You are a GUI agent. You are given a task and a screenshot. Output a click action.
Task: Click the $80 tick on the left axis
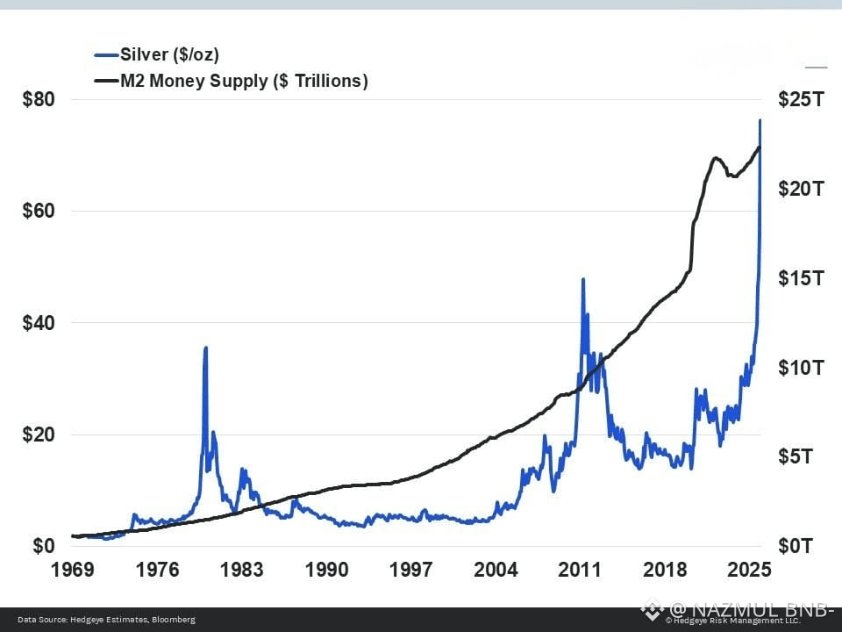coord(39,99)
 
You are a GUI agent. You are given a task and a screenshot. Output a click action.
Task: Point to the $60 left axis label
coord(39,212)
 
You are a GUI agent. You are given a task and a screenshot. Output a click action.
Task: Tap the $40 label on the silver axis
coord(39,323)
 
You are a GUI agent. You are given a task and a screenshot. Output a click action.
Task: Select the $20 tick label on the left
coord(39,434)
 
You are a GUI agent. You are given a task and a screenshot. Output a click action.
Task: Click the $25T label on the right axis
coord(801,99)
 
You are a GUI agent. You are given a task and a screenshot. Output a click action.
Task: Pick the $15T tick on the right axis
coord(801,278)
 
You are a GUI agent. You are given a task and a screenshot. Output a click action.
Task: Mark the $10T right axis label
coord(801,367)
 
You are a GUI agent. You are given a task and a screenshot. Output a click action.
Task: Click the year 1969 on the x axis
coord(73,570)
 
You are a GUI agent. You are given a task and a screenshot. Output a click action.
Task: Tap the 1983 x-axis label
coord(241,570)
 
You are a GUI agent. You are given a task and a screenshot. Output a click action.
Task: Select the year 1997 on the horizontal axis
coord(410,570)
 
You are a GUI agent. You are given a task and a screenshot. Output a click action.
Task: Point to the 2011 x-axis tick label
coord(580,570)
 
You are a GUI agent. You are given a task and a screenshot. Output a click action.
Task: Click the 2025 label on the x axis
coord(750,570)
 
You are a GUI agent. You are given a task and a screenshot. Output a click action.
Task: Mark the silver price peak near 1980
coord(206,348)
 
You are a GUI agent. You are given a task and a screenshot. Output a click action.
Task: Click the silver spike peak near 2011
coord(582,279)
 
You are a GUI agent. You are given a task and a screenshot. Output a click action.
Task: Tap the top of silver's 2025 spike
coord(760,120)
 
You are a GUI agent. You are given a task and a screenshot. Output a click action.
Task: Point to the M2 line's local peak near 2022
coord(717,158)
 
